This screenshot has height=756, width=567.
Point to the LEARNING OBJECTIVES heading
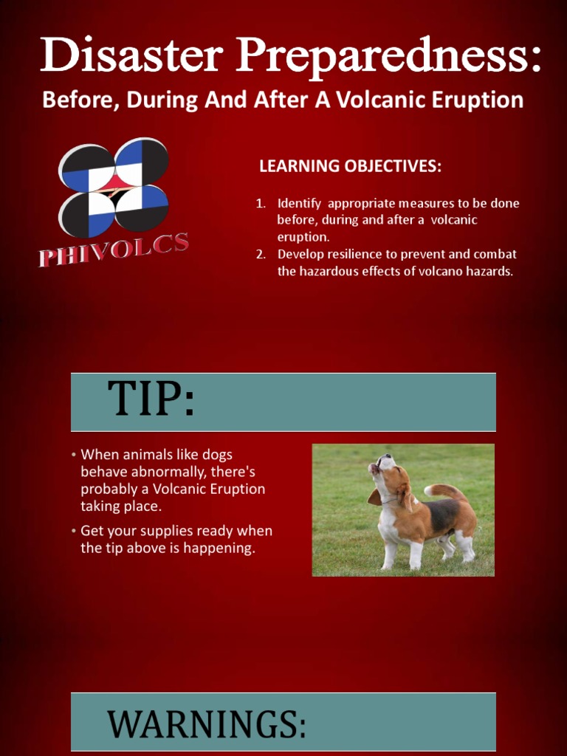click(x=350, y=166)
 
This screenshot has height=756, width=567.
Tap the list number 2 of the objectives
click(x=260, y=255)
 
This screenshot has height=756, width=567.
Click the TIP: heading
click(x=151, y=401)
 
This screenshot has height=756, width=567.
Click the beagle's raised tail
click(x=443, y=490)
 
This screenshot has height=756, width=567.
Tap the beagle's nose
click(x=372, y=467)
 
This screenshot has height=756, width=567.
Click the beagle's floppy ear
click(x=406, y=498)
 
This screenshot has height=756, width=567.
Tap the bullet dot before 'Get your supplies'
click(x=75, y=531)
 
